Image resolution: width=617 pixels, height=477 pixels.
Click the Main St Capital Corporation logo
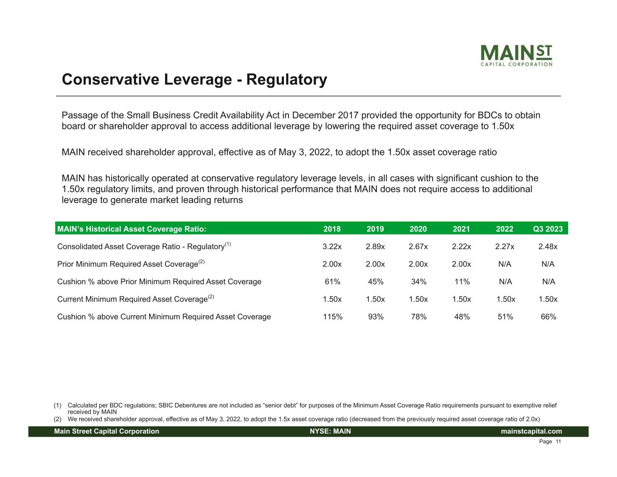(x=516, y=56)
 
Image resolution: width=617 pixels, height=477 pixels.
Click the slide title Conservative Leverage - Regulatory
(x=194, y=80)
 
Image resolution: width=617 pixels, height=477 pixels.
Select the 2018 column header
(x=332, y=229)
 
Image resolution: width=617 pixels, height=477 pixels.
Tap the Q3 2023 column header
(x=548, y=229)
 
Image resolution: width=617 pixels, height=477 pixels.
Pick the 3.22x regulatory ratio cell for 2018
(x=332, y=246)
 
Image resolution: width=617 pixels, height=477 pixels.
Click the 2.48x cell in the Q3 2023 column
(x=548, y=246)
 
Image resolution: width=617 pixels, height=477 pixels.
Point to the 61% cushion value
(x=333, y=282)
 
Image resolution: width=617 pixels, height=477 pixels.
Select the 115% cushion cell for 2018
(x=333, y=316)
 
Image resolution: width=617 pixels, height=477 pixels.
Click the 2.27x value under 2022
(x=505, y=246)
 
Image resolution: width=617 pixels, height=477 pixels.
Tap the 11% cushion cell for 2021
(x=462, y=282)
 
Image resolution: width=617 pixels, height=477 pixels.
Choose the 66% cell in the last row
(x=548, y=316)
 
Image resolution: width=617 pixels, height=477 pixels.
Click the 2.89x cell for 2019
(x=375, y=246)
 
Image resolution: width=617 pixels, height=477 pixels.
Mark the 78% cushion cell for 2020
(x=419, y=316)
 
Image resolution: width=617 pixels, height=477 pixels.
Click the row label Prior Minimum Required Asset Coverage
(x=128, y=264)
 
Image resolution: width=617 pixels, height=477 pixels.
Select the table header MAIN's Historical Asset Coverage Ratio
(x=132, y=229)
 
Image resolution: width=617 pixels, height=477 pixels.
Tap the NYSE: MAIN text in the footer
(x=330, y=431)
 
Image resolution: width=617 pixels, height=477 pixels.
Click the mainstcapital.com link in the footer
(x=532, y=431)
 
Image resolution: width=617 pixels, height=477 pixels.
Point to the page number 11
(x=558, y=442)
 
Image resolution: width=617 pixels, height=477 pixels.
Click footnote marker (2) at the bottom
(x=58, y=419)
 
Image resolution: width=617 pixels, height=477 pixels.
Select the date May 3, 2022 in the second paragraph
(x=303, y=152)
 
